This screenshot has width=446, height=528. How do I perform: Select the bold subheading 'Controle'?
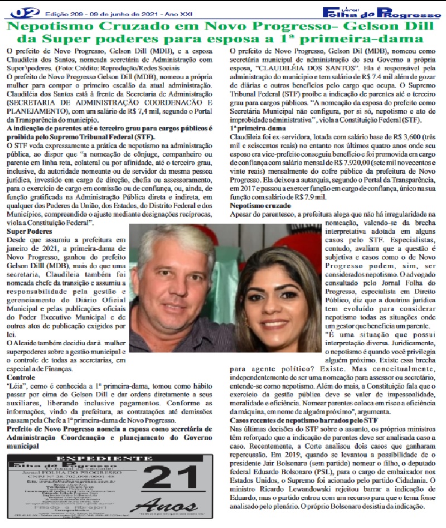[21, 377]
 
